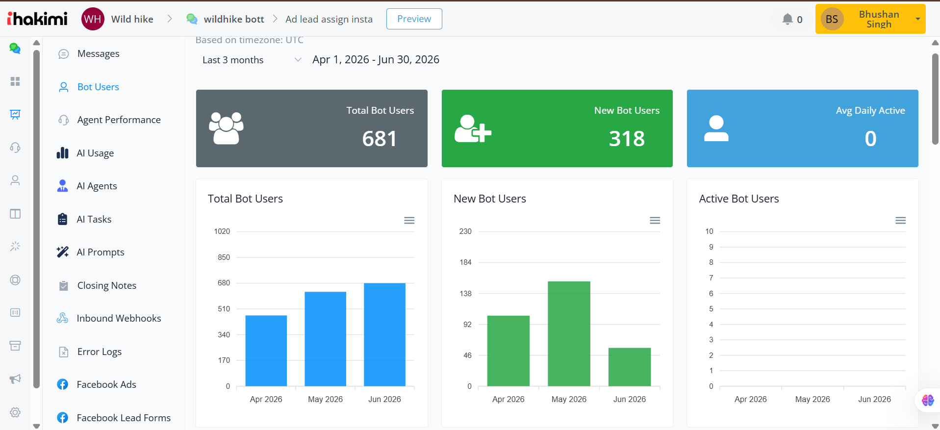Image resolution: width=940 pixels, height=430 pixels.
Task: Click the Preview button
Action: tap(414, 19)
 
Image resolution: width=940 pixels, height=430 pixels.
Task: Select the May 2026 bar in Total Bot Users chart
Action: tap(325, 339)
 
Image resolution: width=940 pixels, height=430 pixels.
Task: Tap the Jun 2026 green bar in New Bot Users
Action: tap(630, 367)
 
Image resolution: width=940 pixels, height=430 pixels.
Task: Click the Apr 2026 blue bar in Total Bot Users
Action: tap(266, 351)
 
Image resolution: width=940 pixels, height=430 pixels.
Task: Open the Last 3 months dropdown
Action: tap(252, 60)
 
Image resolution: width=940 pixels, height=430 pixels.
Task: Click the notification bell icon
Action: tap(788, 19)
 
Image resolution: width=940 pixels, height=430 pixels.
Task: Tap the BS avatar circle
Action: tap(832, 19)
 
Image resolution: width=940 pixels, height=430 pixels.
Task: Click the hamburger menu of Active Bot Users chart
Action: tap(900, 221)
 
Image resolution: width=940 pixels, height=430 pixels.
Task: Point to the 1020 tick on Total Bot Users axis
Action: tap(222, 231)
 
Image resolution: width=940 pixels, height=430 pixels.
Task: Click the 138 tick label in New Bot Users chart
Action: tap(465, 294)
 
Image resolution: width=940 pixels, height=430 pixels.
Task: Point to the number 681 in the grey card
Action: tap(380, 139)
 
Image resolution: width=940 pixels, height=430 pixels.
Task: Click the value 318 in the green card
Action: tap(627, 139)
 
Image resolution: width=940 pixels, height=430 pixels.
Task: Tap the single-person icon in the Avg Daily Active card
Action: tap(716, 128)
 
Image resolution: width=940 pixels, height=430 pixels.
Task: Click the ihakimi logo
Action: tap(37, 19)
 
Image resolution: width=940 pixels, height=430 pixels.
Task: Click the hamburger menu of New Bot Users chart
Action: tap(655, 221)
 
